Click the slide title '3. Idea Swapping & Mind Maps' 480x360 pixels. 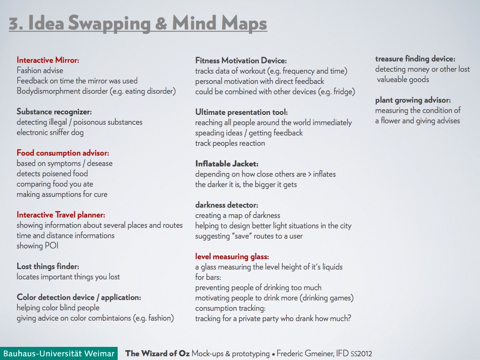tap(138, 23)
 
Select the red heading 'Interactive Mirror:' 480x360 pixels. tap(48, 60)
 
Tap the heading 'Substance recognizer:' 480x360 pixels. tap(54, 112)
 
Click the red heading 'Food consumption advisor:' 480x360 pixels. tap(63, 153)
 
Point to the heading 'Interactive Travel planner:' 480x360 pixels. tap(61, 215)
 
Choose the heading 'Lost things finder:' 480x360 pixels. tap(48, 266)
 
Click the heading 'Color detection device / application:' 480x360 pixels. tap(79, 297)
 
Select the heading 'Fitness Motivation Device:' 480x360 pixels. tap(240, 60)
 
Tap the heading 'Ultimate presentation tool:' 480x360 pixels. tap(241, 112)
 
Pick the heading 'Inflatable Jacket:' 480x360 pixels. tap(227, 164)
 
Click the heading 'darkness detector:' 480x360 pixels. tap(226, 205)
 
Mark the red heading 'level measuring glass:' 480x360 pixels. tap(232, 256)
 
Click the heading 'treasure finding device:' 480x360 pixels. tap(415, 59)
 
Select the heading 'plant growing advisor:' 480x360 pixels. tap(412, 100)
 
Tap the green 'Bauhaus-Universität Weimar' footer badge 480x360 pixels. tap(59, 353)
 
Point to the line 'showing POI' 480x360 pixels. tap(37, 246)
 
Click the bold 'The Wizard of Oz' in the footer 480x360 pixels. tap(157, 353)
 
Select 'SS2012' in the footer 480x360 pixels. tap(361, 354)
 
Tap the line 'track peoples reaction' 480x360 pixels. tap(230, 143)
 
